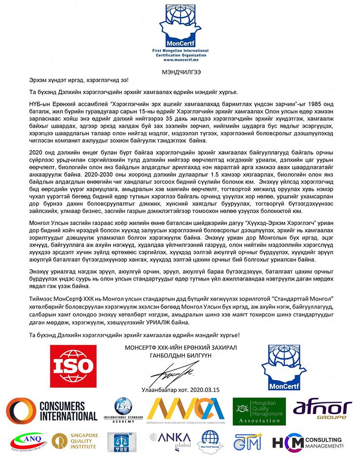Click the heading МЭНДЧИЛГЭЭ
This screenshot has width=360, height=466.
[180, 71]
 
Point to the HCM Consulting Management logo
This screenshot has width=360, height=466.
[308, 443]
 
